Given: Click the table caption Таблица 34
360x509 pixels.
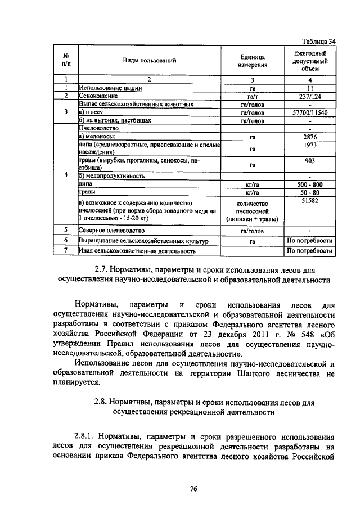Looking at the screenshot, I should (x=319, y=41).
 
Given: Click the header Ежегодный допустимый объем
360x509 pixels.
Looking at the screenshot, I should (x=310, y=60).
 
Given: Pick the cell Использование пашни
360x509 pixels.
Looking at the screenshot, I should (x=110, y=88).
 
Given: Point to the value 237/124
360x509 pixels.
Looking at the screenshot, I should (x=310, y=96).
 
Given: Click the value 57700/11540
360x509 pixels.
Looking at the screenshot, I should (x=310, y=112).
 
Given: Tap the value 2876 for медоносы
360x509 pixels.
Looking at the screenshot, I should (x=310, y=137).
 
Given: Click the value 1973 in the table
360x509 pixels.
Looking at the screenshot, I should (x=310, y=146).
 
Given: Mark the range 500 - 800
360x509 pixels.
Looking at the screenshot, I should (x=310, y=184).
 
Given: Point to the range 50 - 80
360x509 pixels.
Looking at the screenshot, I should (x=310, y=192).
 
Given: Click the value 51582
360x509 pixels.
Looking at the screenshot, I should (x=310, y=200).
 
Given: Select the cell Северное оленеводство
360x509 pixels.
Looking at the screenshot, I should (x=112, y=231).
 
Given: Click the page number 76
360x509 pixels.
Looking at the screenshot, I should (x=192, y=488).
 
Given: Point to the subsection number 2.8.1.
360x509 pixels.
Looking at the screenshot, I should (x=86, y=436).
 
